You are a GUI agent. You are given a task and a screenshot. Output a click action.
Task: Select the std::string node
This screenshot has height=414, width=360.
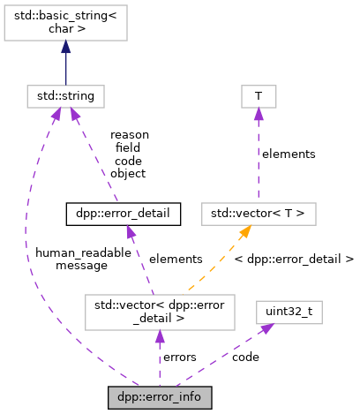(66, 94)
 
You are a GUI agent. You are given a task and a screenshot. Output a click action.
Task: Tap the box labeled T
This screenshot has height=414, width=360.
(259, 94)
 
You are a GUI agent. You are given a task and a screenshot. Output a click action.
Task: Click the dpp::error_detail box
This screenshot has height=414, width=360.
(124, 213)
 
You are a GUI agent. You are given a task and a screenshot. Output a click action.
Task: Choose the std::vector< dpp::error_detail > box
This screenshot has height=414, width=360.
(160, 310)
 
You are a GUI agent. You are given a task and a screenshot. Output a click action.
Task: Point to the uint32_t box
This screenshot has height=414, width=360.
(282, 310)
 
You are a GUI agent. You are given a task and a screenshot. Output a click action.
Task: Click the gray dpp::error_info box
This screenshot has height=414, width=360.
(160, 397)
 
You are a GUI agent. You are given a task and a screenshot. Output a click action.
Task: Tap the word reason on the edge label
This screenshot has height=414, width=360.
(129, 135)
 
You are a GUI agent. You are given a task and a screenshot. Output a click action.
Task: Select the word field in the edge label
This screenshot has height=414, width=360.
(129, 148)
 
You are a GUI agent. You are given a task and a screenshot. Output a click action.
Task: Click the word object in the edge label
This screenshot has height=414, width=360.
(129, 174)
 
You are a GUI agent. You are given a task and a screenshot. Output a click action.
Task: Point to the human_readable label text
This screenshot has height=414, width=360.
(75, 252)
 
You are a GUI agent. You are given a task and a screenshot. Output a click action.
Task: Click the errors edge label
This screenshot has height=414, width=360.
(179, 357)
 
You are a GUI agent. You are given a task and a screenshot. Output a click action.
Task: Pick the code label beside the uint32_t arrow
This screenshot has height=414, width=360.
(245, 357)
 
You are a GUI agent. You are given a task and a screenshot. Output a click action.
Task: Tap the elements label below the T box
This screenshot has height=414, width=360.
(289, 154)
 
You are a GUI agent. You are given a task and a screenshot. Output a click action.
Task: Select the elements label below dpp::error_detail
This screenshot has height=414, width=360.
(176, 259)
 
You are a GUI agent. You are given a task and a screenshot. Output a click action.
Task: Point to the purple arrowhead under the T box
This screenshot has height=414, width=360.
(259, 112)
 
